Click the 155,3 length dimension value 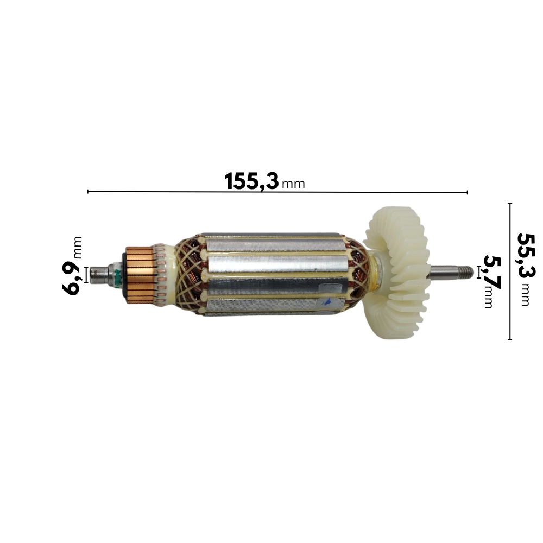(251, 181)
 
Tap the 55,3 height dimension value (526, 255)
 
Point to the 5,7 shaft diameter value (493, 273)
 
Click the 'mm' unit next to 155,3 (293, 184)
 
